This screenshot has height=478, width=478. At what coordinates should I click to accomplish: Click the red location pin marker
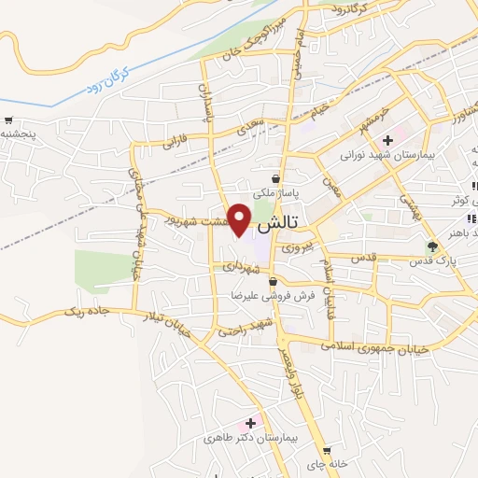pyautogui.click(x=240, y=219)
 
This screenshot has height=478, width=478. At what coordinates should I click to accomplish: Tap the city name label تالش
pyautogui.click(x=276, y=224)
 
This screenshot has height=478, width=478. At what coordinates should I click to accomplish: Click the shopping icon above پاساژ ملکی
pyautogui.click(x=276, y=178)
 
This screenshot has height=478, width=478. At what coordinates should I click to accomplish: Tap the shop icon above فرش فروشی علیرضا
pyautogui.click(x=272, y=281)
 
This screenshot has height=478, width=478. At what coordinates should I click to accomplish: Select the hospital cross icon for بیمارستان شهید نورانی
pyautogui.click(x=387, y=140)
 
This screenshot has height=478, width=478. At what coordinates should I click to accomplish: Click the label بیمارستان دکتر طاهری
pyautogui.click(x=252, y=437)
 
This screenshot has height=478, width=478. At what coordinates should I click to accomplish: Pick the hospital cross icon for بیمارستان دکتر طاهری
pyautogui.click(x=250, y=423)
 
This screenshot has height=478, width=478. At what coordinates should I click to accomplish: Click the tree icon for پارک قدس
pyautogui.click(x=432, y=247)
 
